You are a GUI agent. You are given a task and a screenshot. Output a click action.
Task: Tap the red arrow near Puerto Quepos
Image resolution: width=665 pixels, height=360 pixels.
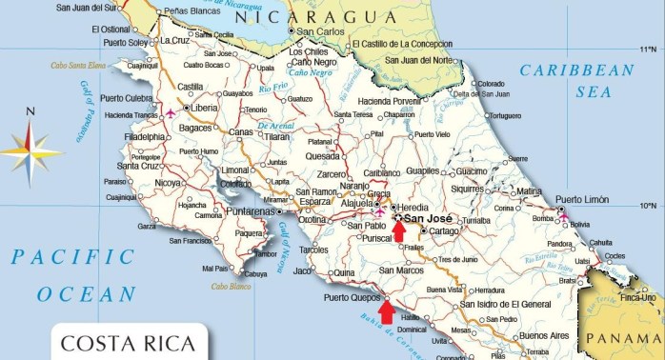[x=385, y=310]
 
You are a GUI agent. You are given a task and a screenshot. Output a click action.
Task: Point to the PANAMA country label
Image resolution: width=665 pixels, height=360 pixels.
[x=624, y=339]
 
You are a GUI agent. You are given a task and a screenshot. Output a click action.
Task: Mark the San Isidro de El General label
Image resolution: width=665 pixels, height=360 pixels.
[x=505, y=305]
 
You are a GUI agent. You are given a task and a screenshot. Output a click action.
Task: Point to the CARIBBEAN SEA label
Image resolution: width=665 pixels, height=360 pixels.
[x=578, y=80]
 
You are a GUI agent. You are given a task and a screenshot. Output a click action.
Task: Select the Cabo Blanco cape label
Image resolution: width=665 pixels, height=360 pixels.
[x=230, y=286]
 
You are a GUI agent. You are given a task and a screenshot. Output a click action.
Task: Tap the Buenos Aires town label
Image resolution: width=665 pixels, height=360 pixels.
[x=544, y=335]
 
